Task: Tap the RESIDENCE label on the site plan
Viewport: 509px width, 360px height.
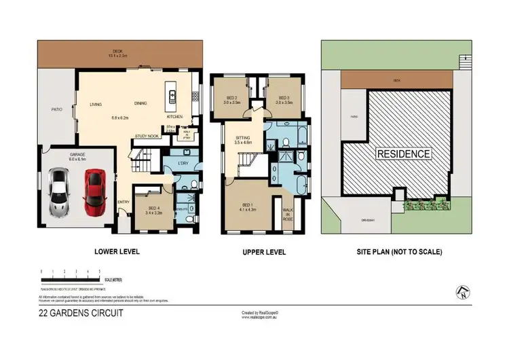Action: click(x=403, y=154)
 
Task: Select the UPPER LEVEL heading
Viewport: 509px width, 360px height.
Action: click(x=263, y=252)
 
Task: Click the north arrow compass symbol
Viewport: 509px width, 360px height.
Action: click(x=463, y=292)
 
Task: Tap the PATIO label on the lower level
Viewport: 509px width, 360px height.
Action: click(x=57, y=109)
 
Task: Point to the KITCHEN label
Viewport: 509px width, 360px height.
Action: click(x=175, y=104)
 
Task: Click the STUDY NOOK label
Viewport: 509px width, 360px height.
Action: click(x=147, y=137)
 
